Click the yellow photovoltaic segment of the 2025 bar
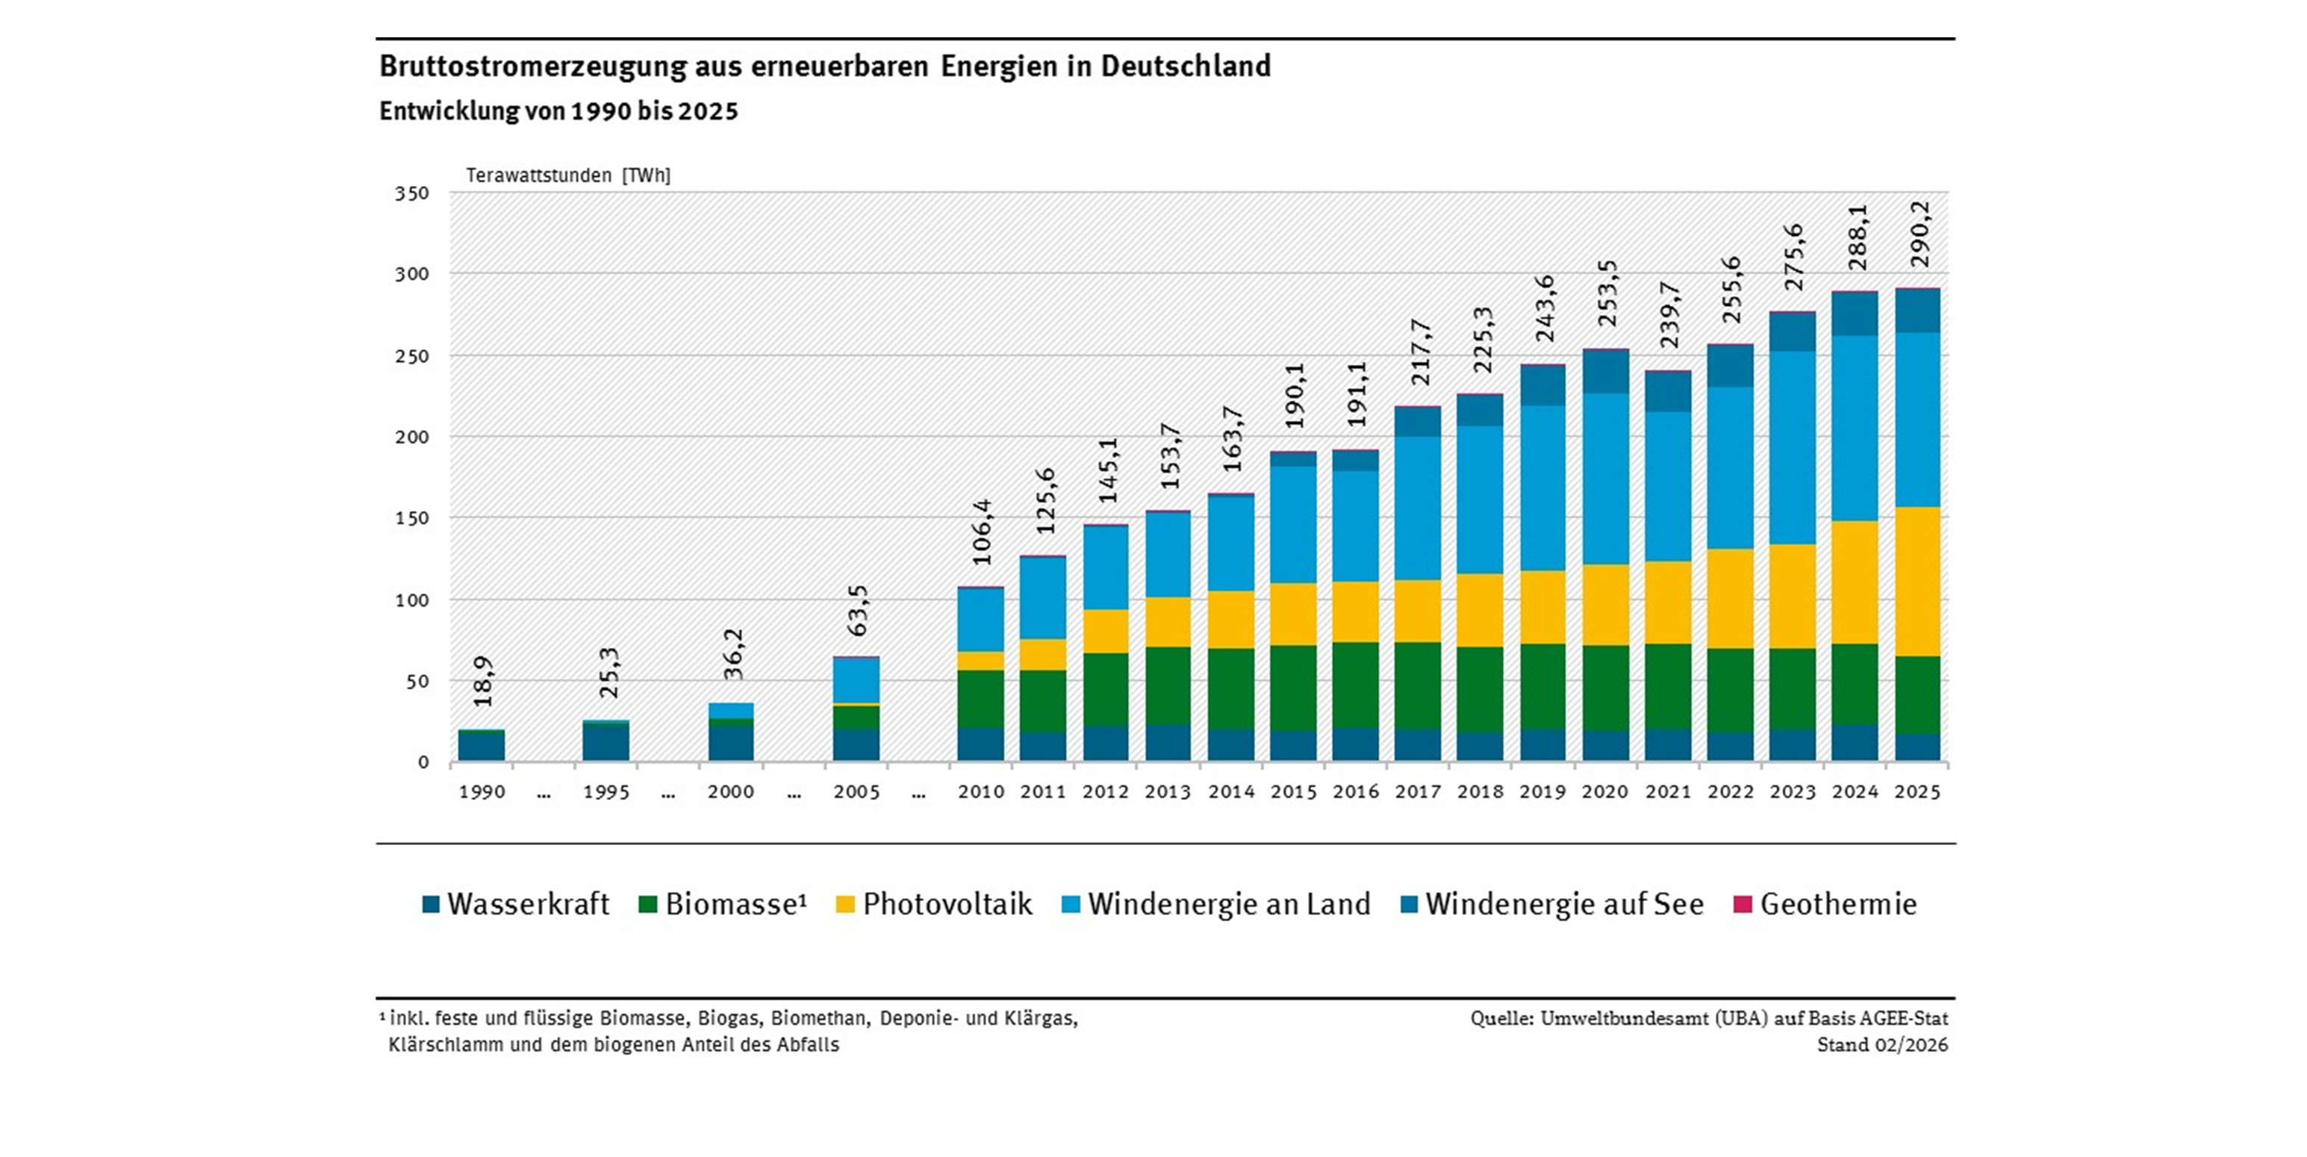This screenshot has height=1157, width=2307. point(1917,581)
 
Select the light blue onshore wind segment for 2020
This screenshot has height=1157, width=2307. point(1605,478)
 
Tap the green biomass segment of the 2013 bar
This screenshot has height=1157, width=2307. point(1168,685)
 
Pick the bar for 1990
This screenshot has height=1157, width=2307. point(482,745)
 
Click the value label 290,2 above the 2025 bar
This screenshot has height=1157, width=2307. point(1920,234)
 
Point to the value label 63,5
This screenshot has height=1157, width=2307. point(858,610)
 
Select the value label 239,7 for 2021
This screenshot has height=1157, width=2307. point(1669,314)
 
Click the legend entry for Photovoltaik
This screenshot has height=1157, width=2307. point(934,905)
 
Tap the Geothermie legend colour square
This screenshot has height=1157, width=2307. point(1742,905)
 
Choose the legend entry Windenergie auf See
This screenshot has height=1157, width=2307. point(1552,905)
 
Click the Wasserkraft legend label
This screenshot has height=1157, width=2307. point(528,905)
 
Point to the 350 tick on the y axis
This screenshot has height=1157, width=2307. point(412,193)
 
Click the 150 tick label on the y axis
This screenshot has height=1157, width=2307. point(412,519)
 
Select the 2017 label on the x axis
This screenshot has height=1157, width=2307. point(1418,793)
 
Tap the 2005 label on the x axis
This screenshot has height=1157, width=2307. point(857,793)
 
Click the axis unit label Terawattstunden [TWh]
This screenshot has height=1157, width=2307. point(568,175)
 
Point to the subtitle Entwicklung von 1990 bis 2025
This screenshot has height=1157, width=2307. point(559,112)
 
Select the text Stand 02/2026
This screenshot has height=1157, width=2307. point(1881,1045)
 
